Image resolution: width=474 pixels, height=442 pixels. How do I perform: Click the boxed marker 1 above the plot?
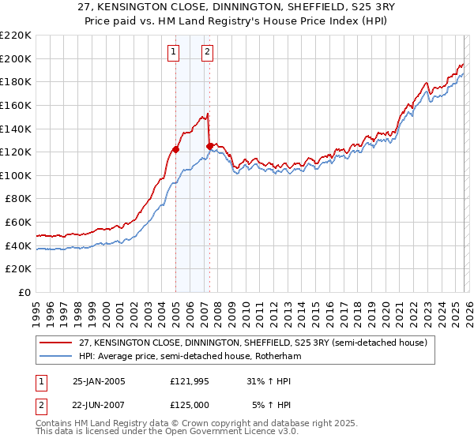pyautogui.click(x=173, y=53)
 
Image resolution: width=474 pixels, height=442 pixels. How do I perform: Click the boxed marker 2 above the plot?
pyautogui.click(x=207, y=53)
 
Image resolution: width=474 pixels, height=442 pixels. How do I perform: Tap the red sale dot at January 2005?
pyautogui.click(x=175, y=148)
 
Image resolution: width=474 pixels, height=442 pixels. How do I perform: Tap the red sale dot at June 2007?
pyautogui.click(x=209, y=145)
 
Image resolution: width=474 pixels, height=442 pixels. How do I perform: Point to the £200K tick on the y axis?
pyautogui.click(x=17, y=58)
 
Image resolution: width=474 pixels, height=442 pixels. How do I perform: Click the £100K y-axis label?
pyautogui.click(x=17, y=175)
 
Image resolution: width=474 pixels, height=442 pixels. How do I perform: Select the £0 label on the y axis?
pyautogui.click(x=24, y=292)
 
